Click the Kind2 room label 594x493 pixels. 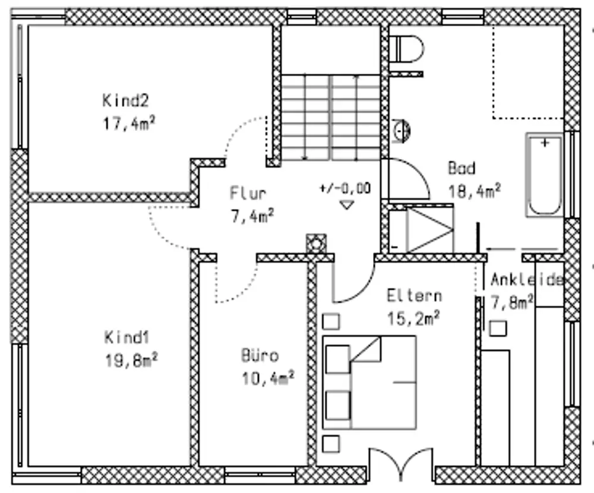[125, 101]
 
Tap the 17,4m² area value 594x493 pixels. [129, 124]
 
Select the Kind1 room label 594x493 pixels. [127, 337]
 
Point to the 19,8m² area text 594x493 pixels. [131, 361]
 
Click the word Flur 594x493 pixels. [248, 193]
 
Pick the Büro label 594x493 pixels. [260, 355]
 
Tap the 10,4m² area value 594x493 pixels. [268, 378]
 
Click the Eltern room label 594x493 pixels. [414, 296]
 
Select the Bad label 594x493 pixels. [462, 168]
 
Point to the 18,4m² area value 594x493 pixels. [474, 191]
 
